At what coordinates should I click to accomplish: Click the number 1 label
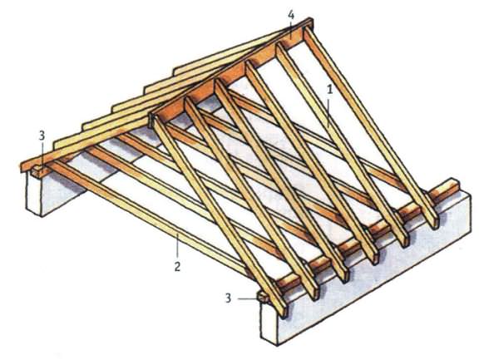(329, 89)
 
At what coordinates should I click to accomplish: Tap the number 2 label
(177, 266)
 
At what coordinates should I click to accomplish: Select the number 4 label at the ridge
(291, 15)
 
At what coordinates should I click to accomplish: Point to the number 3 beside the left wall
(42, 136)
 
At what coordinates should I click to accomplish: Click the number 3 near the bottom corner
(228, 298)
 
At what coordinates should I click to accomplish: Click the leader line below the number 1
(329, 111)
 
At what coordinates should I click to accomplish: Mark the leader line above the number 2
(178, 246)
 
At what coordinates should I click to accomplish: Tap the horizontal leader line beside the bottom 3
(247, 298)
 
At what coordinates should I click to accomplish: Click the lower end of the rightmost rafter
(434, 222)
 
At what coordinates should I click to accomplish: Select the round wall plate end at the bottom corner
(264, 298)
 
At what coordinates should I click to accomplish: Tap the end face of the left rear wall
(34, 195)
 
